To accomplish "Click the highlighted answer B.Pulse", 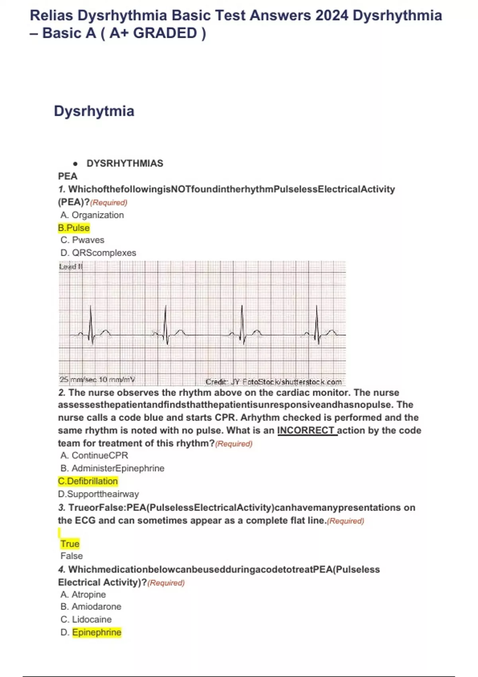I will point(74,228).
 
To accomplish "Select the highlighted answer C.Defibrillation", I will point(88,481).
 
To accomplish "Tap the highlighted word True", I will point(70,544).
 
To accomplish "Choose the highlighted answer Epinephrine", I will point(96,632).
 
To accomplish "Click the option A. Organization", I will point(92,215).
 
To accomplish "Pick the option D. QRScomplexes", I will point(98,253).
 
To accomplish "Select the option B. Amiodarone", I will point(91,607).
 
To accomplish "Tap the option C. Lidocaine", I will point(86,619).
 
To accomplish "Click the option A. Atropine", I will point(83,594).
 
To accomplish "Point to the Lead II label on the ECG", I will point(71,266).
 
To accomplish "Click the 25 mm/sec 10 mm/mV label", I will point(97,380).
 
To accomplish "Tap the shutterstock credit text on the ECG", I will point(274,382).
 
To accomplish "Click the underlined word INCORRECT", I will point(306,430).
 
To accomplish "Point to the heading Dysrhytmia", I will point(94,111).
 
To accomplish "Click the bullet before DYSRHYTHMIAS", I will point(75,164).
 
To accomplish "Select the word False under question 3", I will point(72,556).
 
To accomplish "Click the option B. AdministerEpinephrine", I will point(112,468).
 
